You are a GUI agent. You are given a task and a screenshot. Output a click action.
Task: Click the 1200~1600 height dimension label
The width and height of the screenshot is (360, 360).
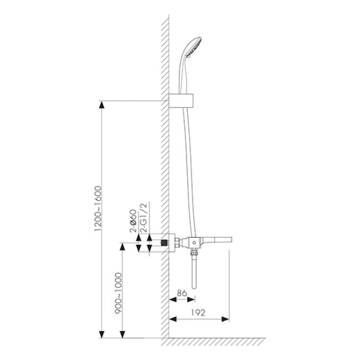coord(98,209)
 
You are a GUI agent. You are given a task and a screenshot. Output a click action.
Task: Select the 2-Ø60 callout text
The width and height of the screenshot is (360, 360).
coord(133,221)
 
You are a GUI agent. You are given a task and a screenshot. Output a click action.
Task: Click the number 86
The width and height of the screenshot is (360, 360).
coord(182,293)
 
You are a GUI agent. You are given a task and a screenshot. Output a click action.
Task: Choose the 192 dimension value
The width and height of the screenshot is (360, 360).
coord(198,313)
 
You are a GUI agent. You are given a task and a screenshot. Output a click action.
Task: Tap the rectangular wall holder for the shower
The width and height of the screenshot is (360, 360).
coord(181,101)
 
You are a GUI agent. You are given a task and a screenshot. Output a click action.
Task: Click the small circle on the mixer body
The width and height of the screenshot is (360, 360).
coord(194,243)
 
